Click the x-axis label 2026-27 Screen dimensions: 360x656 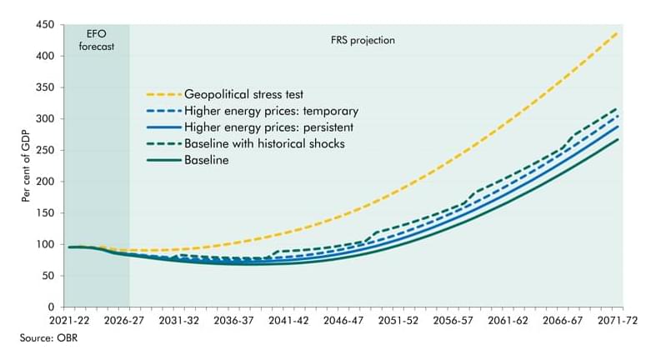coord(130,320)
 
